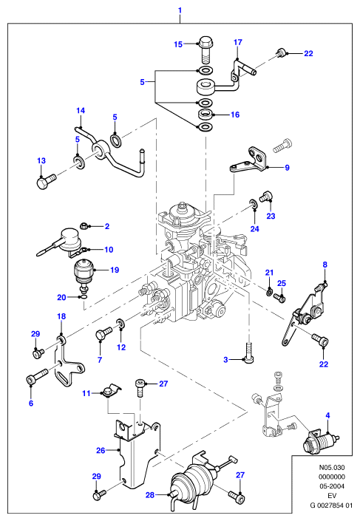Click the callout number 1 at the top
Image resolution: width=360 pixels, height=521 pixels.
180,10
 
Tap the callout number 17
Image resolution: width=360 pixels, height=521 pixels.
238,42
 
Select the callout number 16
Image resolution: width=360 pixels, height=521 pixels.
235,115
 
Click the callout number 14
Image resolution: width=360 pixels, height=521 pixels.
81,110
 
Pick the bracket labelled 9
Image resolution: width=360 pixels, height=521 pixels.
248,160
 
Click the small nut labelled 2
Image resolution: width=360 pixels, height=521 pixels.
84,226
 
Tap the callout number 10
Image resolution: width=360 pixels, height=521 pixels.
109,250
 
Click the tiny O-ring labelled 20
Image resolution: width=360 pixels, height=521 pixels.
84,297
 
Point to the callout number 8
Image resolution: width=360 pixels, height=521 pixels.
325,265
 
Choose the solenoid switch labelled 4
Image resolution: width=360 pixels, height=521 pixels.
320,440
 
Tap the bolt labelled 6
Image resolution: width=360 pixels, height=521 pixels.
37,375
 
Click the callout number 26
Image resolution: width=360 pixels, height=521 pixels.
101,451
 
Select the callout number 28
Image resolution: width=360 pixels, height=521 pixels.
150,495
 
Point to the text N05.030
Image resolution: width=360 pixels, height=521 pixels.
331,467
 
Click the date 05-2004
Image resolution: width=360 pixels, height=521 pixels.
331,486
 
